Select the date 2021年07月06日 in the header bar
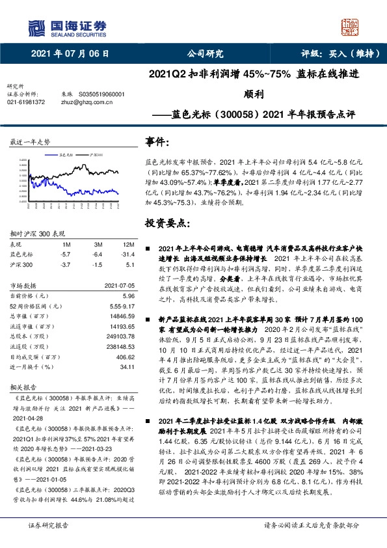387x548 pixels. point(70,54)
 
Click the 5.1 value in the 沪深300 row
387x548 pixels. point(129,264)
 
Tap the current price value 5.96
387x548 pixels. point(129,295)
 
